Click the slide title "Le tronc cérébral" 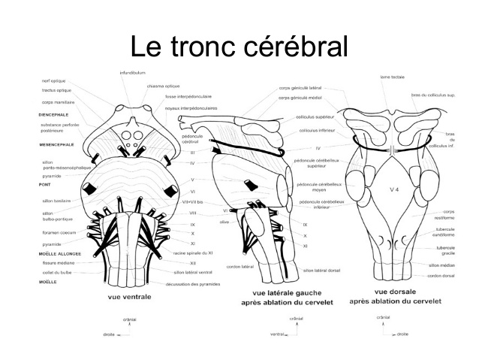(239, 47)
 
